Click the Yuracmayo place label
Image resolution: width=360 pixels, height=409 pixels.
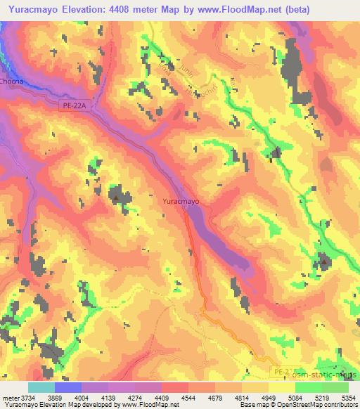point(181,201)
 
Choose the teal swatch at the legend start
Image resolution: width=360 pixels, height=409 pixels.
point(41,387)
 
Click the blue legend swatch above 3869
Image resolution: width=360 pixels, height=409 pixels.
point(68,387)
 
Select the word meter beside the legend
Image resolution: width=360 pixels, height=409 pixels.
point(10,397)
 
